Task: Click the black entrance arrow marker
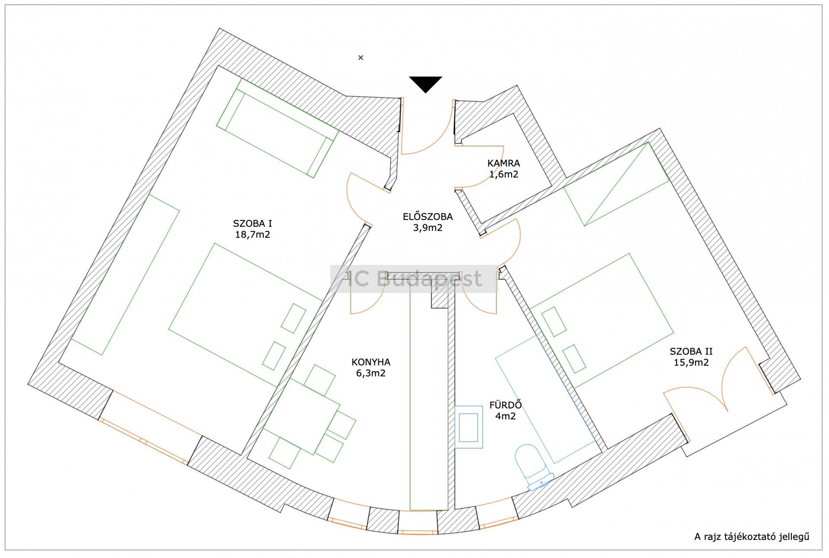(426, 83)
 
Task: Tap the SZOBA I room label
(253, 223)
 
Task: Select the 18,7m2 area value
(253, 235)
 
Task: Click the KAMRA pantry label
(503, 163)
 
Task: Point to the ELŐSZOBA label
(427, 216)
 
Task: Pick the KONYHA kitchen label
(371, 362)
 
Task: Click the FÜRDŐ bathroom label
(506, 405)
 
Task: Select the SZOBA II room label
(691, 351)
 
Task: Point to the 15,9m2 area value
(691, 363)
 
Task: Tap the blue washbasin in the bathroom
(469, 427)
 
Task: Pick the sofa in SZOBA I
(276, 128)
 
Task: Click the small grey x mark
(361, 57)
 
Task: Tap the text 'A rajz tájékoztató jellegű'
(752, 537)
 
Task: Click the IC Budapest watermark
(414, 279)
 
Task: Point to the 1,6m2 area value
(503, 175)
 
